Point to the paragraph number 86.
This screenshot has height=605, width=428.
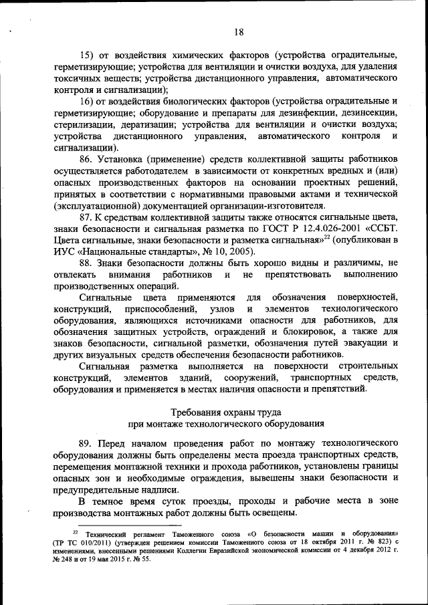point(86,159)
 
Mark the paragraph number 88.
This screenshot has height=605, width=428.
point(86,263)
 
